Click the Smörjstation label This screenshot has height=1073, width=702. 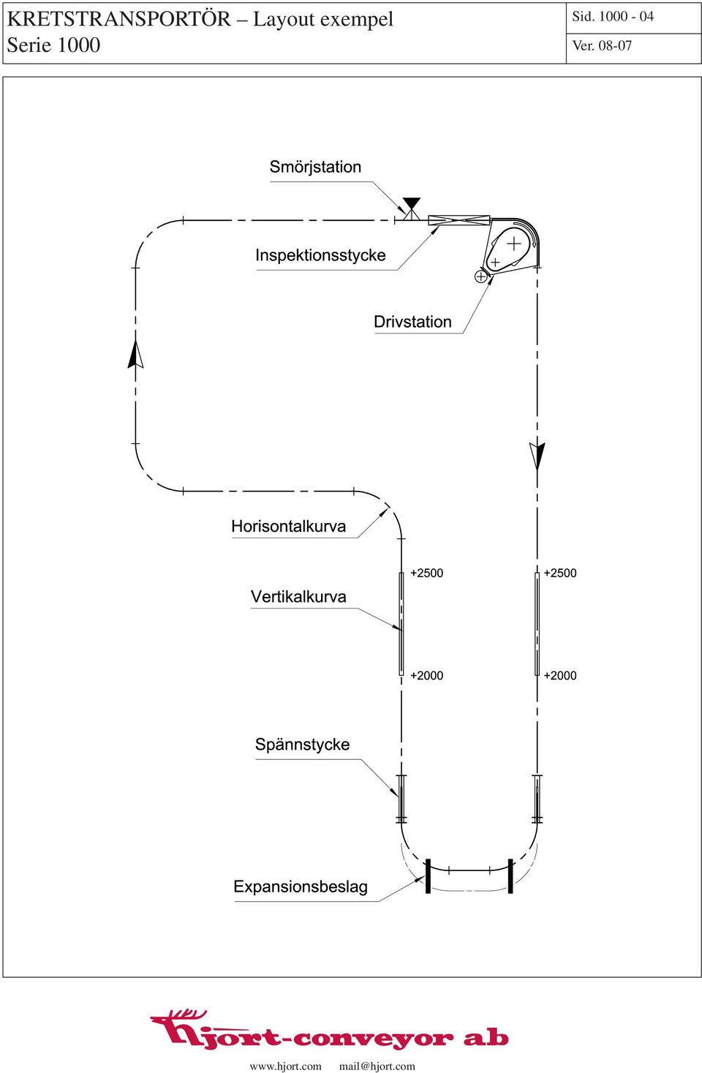315,167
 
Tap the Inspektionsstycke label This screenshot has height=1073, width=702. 320,255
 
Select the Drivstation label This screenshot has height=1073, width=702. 412,322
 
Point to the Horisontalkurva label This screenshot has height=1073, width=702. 288,527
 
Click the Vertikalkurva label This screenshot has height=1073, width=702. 298,597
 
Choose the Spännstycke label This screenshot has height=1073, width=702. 302,745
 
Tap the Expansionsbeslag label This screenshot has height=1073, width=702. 301,886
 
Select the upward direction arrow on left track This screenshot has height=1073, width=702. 136,354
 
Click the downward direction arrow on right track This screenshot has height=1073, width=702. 537,456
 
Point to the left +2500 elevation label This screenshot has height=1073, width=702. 426,573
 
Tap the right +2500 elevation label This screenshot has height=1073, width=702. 560,573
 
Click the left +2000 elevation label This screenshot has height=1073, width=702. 426,675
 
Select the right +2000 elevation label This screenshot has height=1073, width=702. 560,675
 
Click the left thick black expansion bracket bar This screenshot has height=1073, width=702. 428,876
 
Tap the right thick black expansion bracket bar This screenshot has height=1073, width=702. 510,876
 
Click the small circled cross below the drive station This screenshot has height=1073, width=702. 480,276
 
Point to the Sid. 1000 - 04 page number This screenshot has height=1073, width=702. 613,17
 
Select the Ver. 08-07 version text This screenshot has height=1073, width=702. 602,46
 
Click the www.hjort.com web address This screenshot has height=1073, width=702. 285,1066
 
